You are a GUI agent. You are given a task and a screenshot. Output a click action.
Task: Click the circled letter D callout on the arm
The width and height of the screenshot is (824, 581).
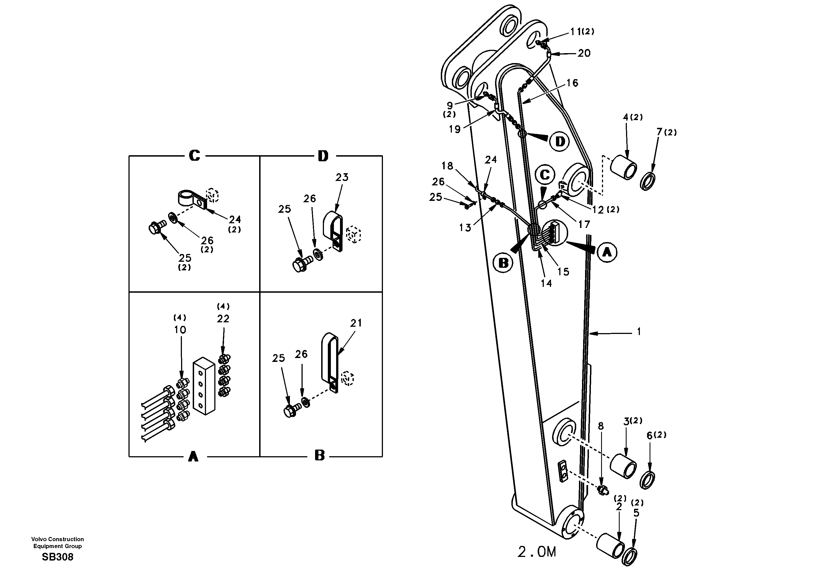pos(560,141)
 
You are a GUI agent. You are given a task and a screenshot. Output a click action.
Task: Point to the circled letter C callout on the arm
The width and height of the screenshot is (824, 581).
pos(545,175)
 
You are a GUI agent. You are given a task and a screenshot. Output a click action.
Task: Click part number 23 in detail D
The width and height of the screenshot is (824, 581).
pos(342,177)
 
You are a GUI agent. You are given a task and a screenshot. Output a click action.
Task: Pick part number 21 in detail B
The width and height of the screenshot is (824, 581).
pos(356,323)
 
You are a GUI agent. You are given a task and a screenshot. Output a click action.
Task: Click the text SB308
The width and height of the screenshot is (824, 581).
pos(57,557)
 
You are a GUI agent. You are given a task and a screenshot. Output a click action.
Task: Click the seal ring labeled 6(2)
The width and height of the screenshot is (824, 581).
pos(647,480)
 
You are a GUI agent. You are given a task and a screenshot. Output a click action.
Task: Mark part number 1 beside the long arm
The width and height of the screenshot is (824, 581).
pos(638,332)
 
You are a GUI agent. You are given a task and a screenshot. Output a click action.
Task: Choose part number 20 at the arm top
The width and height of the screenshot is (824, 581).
pos(584,53)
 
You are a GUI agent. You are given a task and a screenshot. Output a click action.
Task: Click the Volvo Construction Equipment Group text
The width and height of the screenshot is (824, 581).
pos(57,543)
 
